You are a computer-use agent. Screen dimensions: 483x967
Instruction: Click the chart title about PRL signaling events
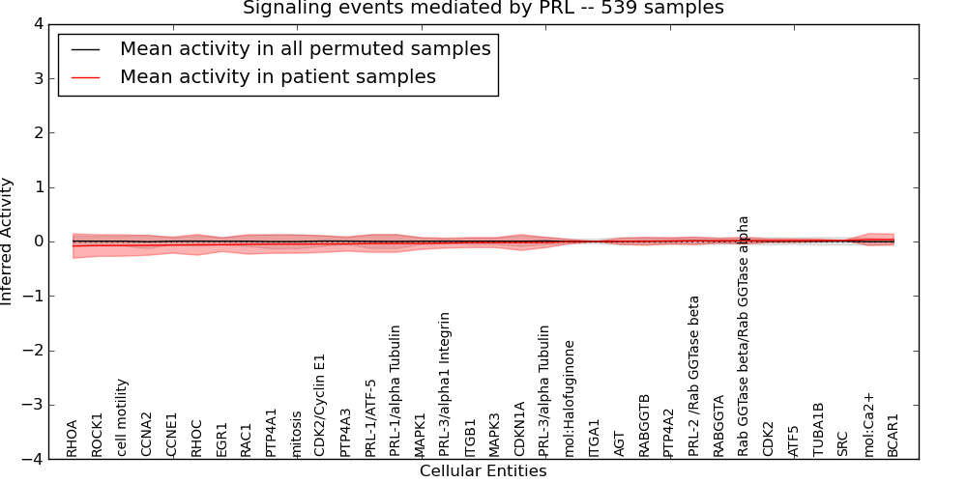coord(483,9)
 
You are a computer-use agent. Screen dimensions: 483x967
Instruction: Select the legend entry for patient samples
coord(278,77)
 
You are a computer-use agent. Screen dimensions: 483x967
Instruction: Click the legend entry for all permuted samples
coord(305,49)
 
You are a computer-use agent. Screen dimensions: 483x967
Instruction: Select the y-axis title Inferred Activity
coord(8,241)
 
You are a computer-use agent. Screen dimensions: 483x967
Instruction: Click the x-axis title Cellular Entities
coord(483,471)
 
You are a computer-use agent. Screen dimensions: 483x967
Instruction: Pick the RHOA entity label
coord(73,438)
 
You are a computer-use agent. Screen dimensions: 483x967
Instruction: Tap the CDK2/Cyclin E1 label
coord(320,405)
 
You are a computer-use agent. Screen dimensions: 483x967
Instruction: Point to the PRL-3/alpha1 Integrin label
coord(445,384)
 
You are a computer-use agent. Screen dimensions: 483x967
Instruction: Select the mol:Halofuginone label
coord(570,398)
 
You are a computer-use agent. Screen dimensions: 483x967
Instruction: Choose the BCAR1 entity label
coord(894,435)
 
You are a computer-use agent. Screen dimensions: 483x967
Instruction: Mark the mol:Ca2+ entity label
coord(868,426)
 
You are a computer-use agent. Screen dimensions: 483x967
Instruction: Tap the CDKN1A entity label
coord(520,429)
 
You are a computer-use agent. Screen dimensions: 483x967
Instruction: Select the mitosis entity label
coord(296,433)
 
